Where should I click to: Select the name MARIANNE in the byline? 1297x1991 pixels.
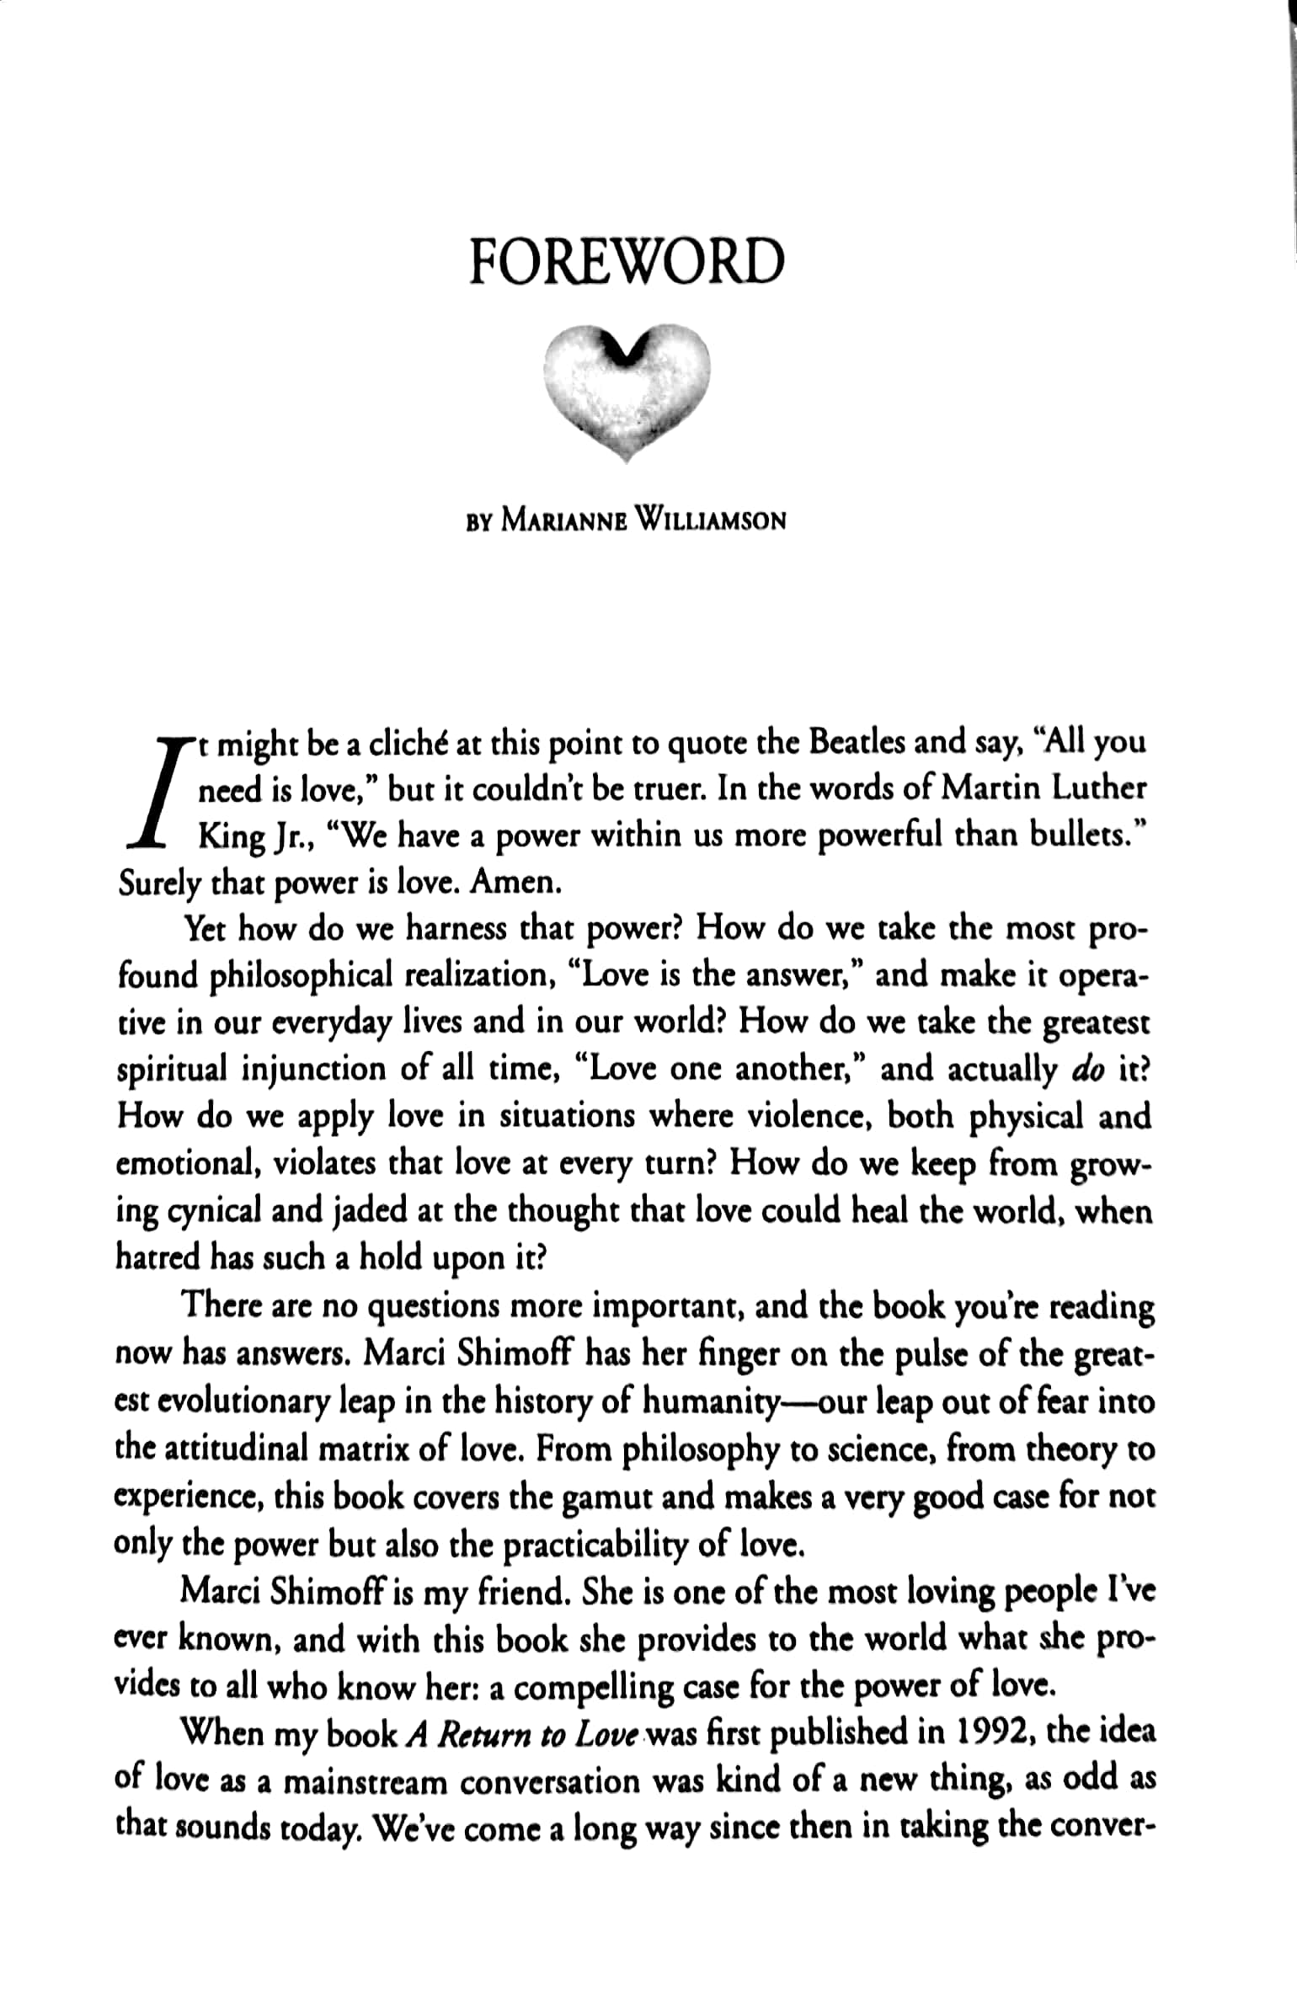coord(564,521)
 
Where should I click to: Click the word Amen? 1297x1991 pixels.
coord(515,883)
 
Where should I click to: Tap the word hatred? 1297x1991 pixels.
coord(157,1257)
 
